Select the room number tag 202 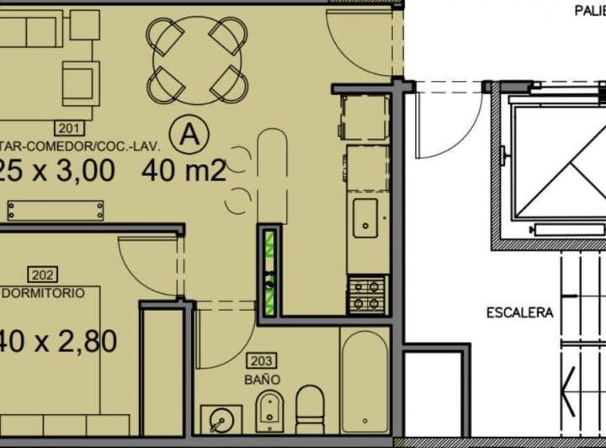[x=41, y=275]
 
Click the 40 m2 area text [x=183, y=171]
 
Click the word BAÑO [x=262, y=380]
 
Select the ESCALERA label [x=520, y=312]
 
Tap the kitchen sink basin [x=365, y=218]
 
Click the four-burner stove [x=367, y=295]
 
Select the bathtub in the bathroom [x=364, y=380]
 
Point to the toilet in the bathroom [x=310, y=409]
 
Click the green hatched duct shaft [x=270, y=271]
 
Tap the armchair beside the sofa [x=81, y=80]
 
